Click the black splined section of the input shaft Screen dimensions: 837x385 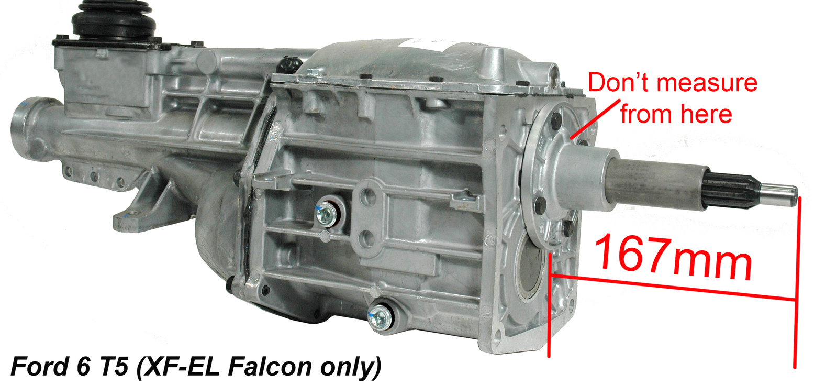(732, 190)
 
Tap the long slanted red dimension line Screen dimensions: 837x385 (673, 287)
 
